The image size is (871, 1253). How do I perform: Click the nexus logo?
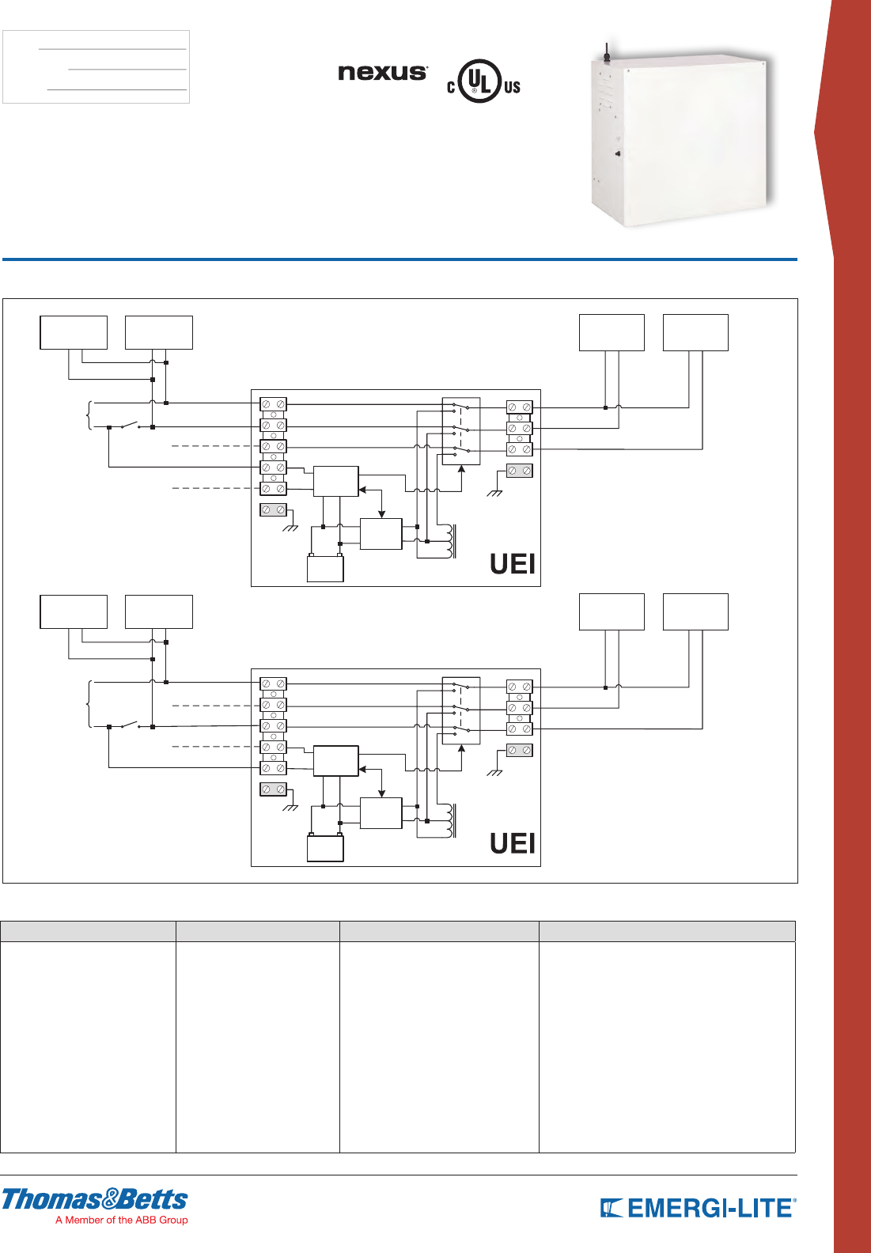pos(383,72)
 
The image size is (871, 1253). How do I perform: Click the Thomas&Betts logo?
pos(95,1199)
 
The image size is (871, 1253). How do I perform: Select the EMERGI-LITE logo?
pos(698,1209)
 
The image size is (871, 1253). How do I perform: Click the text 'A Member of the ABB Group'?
pos(122,1221)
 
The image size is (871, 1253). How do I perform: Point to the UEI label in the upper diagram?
pos(513,564)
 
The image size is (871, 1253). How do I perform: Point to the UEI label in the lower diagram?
pos(513,843)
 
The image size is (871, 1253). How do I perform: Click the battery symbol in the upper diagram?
pos(325,569)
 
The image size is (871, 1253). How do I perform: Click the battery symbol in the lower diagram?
pos(325,848)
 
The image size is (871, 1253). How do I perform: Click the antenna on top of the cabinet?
pos(607,52)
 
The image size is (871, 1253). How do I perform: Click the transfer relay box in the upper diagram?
pos(460,431)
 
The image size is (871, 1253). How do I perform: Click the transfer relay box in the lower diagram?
pos(460,710)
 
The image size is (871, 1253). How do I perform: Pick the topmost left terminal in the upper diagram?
pos(273,404)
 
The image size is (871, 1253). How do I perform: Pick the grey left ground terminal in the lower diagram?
pos(273,789)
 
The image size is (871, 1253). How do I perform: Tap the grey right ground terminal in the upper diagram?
pos(519,471)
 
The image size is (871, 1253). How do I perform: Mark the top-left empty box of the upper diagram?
pos(74,332)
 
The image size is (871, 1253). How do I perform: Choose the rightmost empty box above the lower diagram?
pos(695,611)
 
